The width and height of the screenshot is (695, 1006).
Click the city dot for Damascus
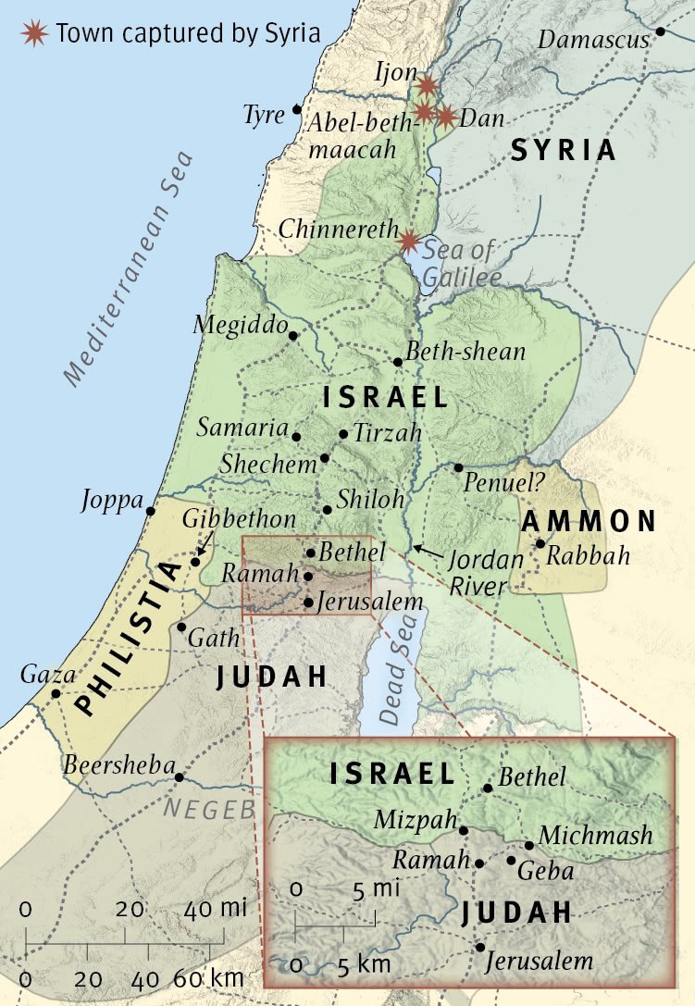[x=661, y=31]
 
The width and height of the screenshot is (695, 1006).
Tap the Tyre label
[x=263, y=115]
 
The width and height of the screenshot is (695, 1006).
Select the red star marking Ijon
[x=427, y=86]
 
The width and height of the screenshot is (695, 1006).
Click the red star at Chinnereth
[x=408, y=242]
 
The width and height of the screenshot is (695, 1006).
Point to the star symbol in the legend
[x=35, y=34]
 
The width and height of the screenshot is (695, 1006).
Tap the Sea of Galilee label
[x=461, y=262]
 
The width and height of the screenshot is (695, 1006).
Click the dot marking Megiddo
[x=293, y=336]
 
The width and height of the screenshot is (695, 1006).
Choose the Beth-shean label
[x=466, y=352]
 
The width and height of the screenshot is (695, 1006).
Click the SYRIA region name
[x=564, y=150]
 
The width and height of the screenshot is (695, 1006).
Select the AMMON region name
[x=589, y=521]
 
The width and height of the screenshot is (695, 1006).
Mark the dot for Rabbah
[x=540, y=543]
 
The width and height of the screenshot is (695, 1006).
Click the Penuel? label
[x=504, y=483]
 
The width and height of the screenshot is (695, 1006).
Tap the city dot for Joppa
[x=151, y=510]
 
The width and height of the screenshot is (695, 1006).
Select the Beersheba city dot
[x=180, y=776]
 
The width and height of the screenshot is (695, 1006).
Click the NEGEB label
[x=209, y=808]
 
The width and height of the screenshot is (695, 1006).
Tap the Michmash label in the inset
[x=595, y=835]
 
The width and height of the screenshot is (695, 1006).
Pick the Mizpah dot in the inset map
[x=464, y=830]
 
